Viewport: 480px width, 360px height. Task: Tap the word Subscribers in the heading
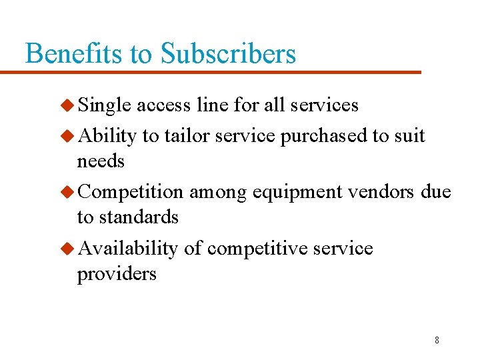tap(228, 53)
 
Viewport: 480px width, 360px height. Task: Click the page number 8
tap(437, 340)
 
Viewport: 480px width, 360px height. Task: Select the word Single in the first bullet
tap(105, 105)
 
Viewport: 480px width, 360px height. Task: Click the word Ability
tap(107, 136)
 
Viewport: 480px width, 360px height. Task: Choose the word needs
tap(101, 161)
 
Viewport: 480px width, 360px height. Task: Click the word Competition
tap(131, 192)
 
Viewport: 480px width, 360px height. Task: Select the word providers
tap(117, 274)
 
